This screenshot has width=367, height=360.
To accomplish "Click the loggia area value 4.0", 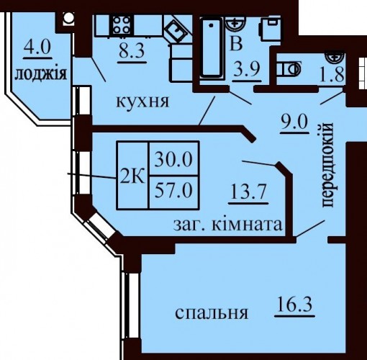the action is [37, 47].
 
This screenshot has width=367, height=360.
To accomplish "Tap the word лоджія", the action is [40, 73].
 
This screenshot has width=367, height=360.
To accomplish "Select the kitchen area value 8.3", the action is [132, 50].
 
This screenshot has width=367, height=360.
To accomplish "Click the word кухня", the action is [142, 102].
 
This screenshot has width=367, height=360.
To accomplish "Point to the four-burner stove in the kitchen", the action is [122, 24].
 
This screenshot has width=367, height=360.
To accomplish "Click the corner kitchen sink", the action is [176, 31].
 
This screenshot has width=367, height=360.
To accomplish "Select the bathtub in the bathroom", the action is [211, 48].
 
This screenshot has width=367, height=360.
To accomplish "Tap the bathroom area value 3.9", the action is [248, 70].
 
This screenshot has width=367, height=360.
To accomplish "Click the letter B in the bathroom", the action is [236, 44].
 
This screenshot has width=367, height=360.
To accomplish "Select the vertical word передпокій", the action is [327, 165].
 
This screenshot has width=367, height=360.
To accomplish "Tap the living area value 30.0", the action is [173, 159].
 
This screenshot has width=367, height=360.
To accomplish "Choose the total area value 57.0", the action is [173, 190].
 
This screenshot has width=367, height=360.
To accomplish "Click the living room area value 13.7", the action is [248, 192].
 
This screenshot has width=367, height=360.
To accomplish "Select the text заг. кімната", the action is [227, 225].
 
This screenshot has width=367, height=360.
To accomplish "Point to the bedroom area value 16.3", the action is [294, 304].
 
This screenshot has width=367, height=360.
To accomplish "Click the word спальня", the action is [212, 313].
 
